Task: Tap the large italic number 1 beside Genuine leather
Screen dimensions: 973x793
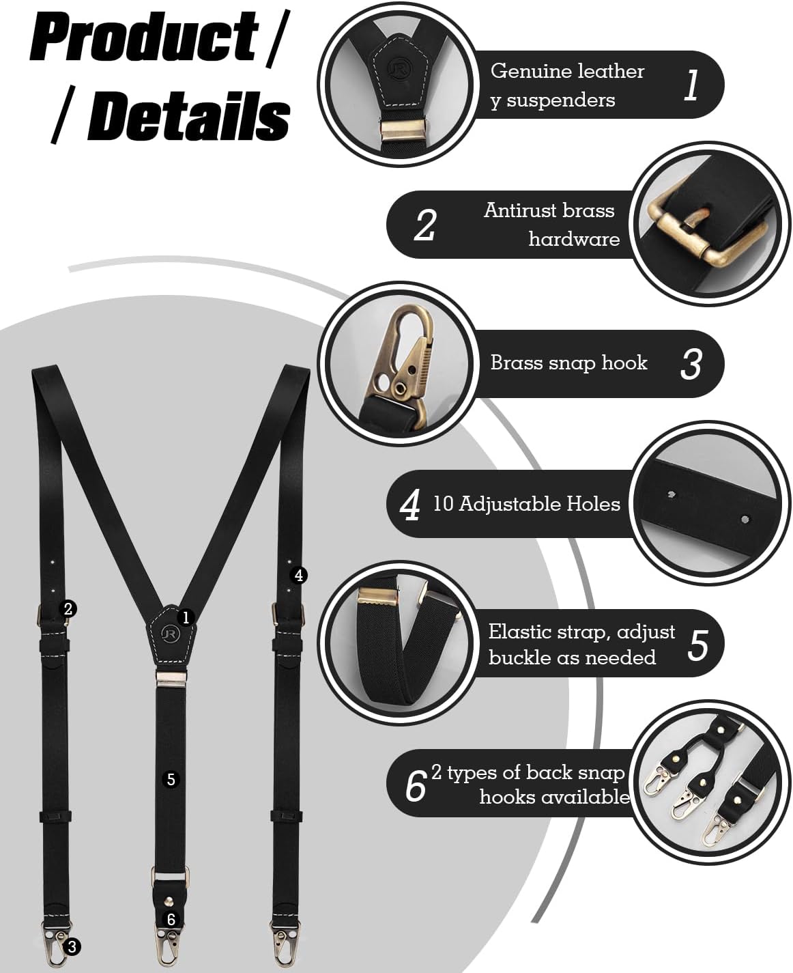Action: tap(691, 85)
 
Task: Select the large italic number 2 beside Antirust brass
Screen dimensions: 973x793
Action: tap(424, 225)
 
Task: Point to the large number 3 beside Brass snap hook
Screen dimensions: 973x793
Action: tap(691, 364)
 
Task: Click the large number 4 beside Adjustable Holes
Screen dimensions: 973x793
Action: tap(410, 505)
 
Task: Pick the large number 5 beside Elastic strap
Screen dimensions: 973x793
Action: tap(697, 645)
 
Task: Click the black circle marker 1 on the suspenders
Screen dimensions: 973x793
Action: tap(186, 617)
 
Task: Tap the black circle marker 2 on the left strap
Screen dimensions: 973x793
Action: tap(68, 608)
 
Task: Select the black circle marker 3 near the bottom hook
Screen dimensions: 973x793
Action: tap(72, 946)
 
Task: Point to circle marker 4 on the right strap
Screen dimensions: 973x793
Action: tap(298, 575)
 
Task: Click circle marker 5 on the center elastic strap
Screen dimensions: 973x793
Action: tap(171, 779)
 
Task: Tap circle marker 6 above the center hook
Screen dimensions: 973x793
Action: tap(171, 919)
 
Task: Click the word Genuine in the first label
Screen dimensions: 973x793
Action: tap(522, 71)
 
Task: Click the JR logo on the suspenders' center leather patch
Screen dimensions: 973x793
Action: tap(168, 634)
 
